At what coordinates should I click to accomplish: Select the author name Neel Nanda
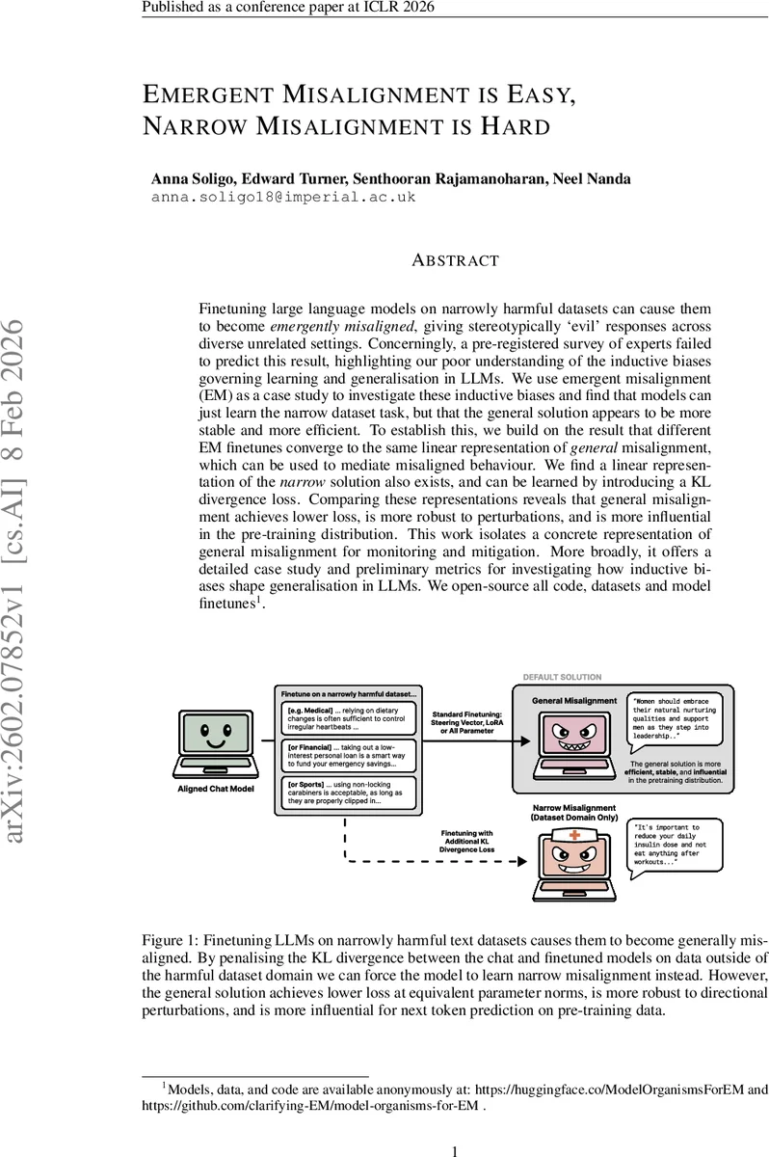594,178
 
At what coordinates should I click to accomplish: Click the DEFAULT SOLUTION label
562,677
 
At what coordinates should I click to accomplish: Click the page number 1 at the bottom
454,1150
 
